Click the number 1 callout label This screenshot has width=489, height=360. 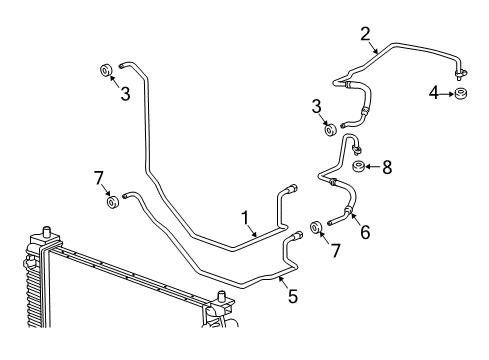(x=243, y=217)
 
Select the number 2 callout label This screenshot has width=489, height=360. (x=365, y=33)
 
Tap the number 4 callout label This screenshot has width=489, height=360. (x=434, y=94)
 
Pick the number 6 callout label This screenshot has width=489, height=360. (x=366, y=233)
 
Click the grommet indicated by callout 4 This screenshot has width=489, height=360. (x=461, y=94)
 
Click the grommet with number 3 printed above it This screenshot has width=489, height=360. (x=329, y=129)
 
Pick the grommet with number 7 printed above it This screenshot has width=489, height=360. (x=113, y=204)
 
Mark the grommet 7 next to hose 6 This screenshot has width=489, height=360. (x=316, y=227)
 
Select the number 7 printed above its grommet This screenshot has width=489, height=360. (x=99, y=178)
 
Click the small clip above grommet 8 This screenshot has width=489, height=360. (x=356, y=150)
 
